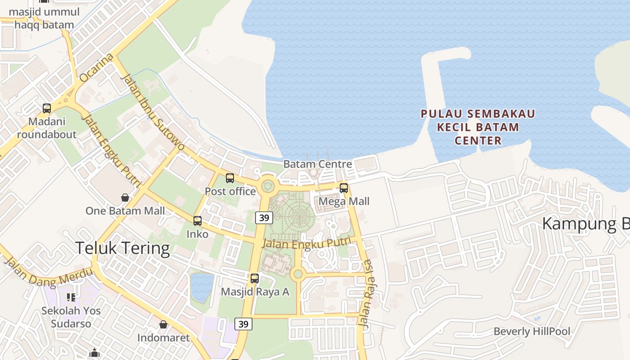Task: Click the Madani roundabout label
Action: [x=47, y=128]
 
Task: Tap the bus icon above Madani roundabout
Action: [x=47, y=108]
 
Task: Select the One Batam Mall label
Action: [x=125, y=211]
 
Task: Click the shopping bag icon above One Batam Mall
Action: [x=125, y=197]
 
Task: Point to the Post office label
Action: [x=230, y=191]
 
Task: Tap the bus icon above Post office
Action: [x=230, y=178]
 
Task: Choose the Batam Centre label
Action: [x=317, y=164]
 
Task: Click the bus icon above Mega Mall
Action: [x=344, y=188]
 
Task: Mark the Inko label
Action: [x=198, y=234]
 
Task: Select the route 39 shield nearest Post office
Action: [x=264, y=218]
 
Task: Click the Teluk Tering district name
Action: [x=122, y=248]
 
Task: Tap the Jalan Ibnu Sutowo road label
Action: [x=153, y=112]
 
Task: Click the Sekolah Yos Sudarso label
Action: [x=71, y=317]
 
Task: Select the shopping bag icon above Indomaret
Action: [x=163, y=324]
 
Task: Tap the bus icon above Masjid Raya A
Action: [x=255, y=278]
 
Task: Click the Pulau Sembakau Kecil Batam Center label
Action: [x=478, y=127]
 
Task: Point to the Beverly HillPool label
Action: [x=531, y=332]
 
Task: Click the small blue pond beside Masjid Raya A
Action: [x=202, y=287]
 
